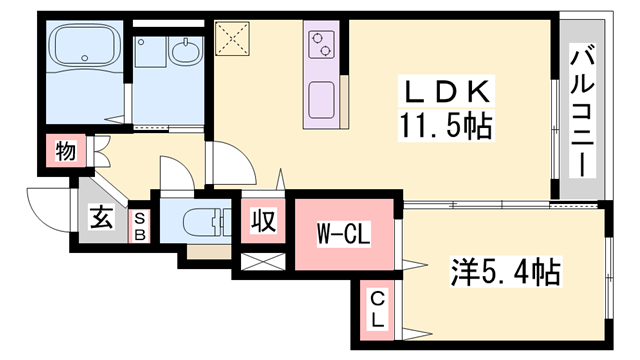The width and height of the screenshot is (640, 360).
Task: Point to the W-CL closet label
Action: [344, 237]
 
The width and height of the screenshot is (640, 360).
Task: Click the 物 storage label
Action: [66, 152]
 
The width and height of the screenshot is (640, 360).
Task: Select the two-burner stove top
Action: [322, 42]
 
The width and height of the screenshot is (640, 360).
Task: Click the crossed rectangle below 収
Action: [263, 265]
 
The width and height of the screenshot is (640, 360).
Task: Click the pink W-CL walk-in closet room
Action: [344, 250]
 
